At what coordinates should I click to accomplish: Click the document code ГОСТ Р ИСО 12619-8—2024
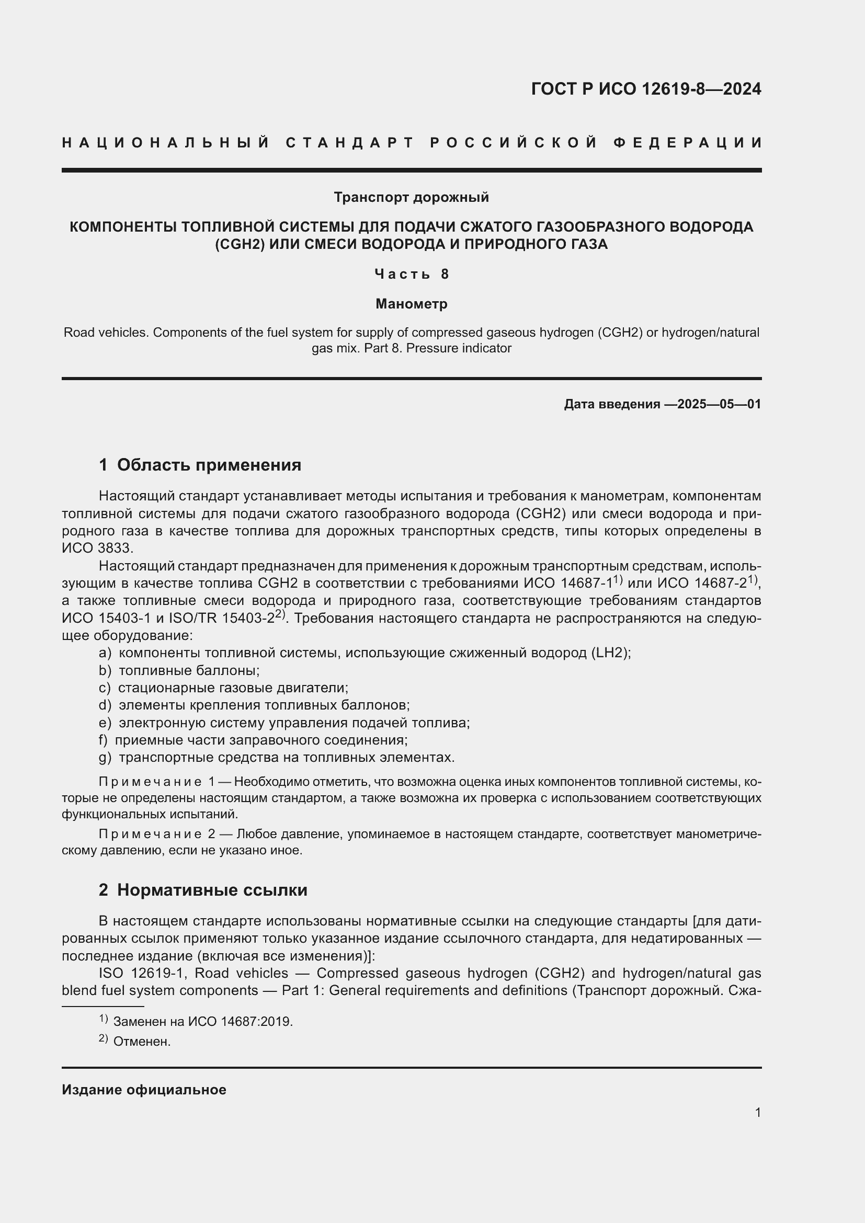[645, 89]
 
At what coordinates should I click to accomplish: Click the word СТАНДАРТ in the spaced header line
[350, 143]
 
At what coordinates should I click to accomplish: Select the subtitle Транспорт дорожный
[411, 198]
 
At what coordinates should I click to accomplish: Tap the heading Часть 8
[411, 275]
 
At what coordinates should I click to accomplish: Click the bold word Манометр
[411, 304]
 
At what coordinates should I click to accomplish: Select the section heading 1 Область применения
[200, 465]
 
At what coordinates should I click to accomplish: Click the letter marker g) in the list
[105, 758]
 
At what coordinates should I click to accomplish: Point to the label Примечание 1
[156, 782]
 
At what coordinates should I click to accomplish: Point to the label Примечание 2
[156, 834]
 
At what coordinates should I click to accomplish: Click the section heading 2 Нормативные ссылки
[203, 890]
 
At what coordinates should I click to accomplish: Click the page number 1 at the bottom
[757, 1112]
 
